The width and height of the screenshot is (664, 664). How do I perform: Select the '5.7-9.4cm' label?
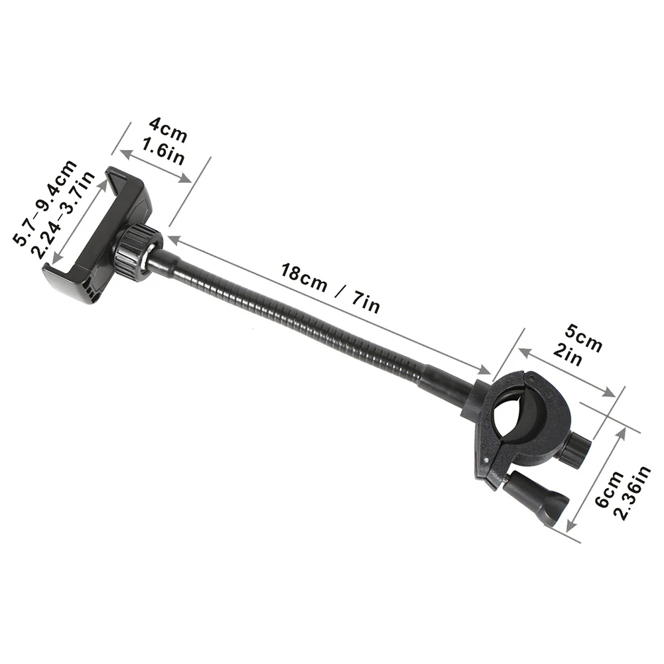click(x=46, y=202)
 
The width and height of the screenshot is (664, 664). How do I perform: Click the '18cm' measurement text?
click(x=304, y=277)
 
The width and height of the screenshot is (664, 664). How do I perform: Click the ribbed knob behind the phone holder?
click(x=137, y=251)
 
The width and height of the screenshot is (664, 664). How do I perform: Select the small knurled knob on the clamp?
click(x=572, y=448)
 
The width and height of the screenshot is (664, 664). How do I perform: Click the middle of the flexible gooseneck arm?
click(x=292, y=318)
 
